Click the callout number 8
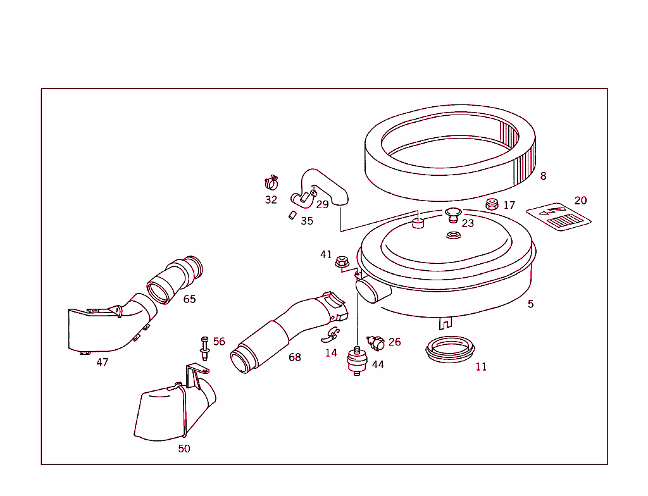(x=543, y=177)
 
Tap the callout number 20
(x=580, y=201)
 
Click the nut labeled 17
(x=492, y=204)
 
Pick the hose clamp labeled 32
(x=272, y=183)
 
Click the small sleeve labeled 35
(x=292, y=215)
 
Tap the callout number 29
(x=322, y=204)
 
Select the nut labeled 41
(x=342, y=259)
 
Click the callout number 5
(x=530, y=304)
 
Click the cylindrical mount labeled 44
(x=358, y=361)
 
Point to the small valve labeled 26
(x=376, y=344)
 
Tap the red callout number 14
(x=331, y=353)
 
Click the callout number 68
(x=295, y=357)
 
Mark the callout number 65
(x=189, y=299)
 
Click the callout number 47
(x=102, y=363)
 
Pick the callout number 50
(x=184, y=449)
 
